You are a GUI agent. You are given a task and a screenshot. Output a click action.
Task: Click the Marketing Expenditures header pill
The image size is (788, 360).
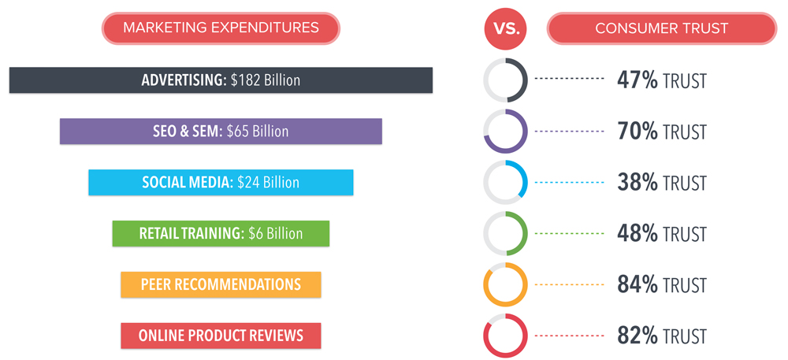tap(221, 28)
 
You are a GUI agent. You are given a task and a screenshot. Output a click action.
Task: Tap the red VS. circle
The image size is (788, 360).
tap(505, 28)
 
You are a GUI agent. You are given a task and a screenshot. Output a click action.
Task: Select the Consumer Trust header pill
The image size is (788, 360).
tap(661, 28)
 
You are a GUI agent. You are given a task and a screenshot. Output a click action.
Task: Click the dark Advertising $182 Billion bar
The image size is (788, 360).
tap(221, 80)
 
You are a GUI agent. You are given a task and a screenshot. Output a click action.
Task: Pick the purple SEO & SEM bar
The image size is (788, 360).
tap(221, 131)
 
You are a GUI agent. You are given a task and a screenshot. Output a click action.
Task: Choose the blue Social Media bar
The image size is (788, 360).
tap(221, 182)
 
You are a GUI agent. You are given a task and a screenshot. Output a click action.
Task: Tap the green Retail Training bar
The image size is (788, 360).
tap(221, 233)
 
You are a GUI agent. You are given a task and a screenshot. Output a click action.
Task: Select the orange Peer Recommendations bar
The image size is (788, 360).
tap(221, 284)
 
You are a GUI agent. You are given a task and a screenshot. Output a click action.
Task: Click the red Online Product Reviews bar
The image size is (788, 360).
tap(221, 336)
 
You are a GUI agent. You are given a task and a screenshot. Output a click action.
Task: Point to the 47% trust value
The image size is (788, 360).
tap(637, 81)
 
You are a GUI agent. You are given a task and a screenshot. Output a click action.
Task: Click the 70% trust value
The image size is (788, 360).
tap(637, 132)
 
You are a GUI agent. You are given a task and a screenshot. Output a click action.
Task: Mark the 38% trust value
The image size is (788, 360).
tap(637, 183)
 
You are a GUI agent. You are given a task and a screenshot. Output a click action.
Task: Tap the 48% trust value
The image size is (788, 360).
tap(637, 234)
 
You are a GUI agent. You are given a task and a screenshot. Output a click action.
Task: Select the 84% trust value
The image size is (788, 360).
tap(637, 284)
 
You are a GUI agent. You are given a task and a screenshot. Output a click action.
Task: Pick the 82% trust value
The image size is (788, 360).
tap(637, 336)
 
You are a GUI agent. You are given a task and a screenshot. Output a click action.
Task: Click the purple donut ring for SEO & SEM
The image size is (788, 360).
tap(506, 150)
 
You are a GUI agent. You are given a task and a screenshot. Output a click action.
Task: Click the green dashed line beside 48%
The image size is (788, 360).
tap(569, 233)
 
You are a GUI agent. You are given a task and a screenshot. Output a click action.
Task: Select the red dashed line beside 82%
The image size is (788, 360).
tap(569, 336)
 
